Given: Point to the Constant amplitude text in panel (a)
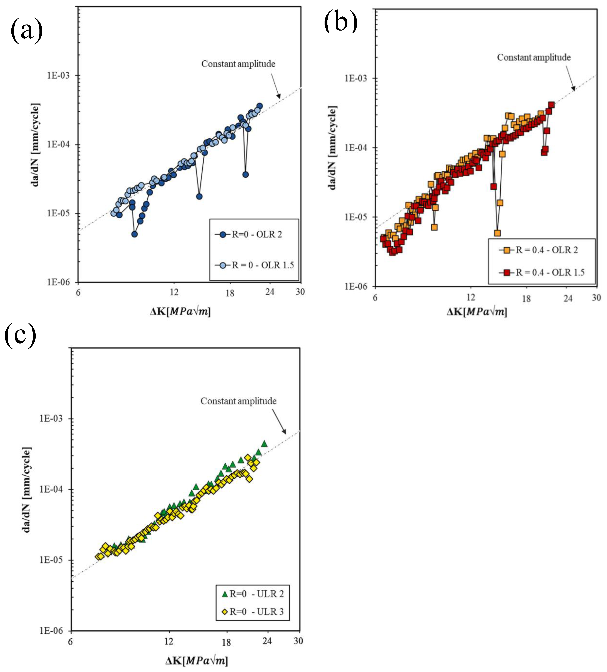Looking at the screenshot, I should tap(238, 64).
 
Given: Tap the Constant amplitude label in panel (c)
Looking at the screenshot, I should tap(238, 401).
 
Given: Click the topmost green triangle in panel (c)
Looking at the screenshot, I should tap(264, 444).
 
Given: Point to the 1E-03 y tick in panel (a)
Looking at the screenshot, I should tap(58, 75).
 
